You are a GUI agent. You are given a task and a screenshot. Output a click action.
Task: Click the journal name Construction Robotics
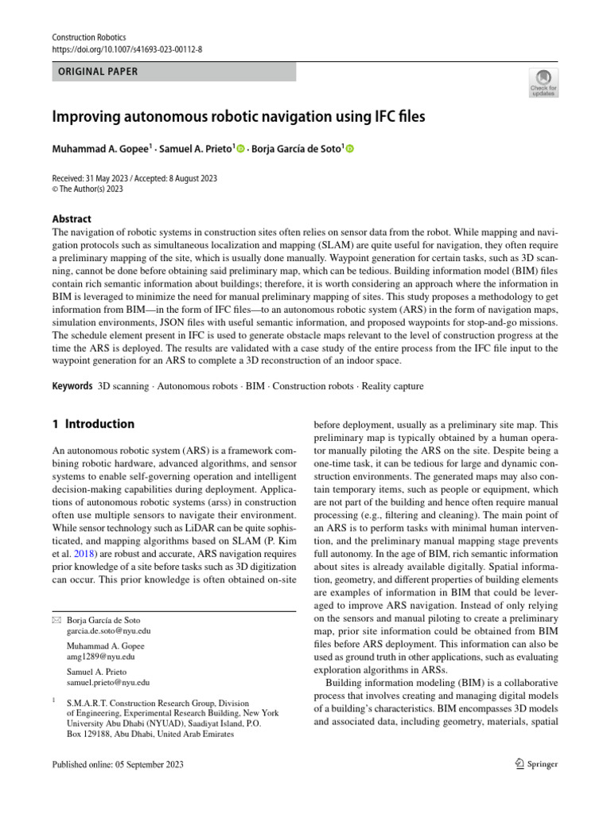pyautogui.click(x=88, y=37)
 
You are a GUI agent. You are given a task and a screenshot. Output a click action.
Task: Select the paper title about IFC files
pyautogui.click(x=239, y=117)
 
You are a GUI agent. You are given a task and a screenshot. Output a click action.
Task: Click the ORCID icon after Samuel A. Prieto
pyautogui.click(x=241, y=149)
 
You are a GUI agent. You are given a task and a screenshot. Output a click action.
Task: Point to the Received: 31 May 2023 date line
pyautogui.click(x=134, y=179)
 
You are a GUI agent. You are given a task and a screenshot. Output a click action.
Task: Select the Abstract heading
pyautogui.click(x=72, y=219)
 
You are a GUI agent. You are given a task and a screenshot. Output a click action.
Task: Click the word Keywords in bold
pyautogui.click(x=72, y=386)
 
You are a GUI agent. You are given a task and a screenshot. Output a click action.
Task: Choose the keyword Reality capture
pyautogui.click(x=391, y=386)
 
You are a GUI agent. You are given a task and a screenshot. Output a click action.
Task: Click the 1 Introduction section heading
pyautogui.click(x=93, y=424)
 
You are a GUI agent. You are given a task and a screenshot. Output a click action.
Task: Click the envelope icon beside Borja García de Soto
pyautogui.click(x=55, y=620)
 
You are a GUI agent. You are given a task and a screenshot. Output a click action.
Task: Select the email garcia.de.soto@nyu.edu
pyautogui.click(x=108, y=631)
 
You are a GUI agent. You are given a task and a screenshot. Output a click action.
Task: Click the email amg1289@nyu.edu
pyautogui.click(x=100, y=657)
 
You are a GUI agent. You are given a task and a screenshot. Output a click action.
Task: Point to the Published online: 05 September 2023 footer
pyautogui.click(x=117, y=764)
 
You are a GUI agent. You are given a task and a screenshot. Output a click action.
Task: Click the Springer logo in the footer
pyautogui.click(x=535, y=764)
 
